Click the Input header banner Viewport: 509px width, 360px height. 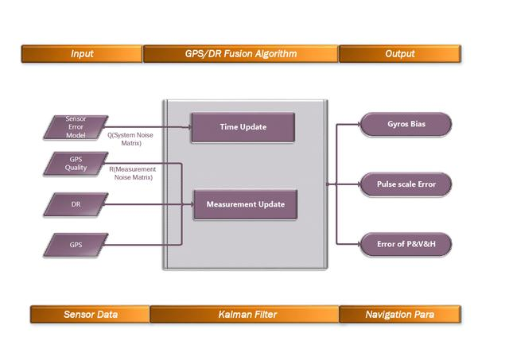pyautogui.click(x=82, y=54)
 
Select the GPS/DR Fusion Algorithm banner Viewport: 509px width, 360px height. pyautogui.click(x=240, y=54)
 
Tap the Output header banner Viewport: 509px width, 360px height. pyautogui.click(x=400, y=54)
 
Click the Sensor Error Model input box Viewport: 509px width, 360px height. pyautogui.click(x=76, y=127)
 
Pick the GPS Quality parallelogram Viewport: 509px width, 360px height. pyautogui.click(x=76, y=164)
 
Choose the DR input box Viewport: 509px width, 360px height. pyautogui.click(x=76, y=204)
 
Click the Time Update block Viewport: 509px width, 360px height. pyautogui.click(x=243, y=127)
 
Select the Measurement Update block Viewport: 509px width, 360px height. pyautogui.click(x=245, y=204)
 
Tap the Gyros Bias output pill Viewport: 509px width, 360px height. pyautogui.click(x=406, y=125)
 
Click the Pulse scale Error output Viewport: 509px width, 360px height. pyautogui.click(x=406, y=184)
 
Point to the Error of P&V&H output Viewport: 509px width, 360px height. pyautogui.click(x=406, y=244)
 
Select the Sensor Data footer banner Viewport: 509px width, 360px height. pyautogui.click(x=90, y=315)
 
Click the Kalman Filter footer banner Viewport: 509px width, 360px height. pyautogui.click(x=245, y=315)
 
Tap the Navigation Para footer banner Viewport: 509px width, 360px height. pyautogui.click(x=399, y=315)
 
